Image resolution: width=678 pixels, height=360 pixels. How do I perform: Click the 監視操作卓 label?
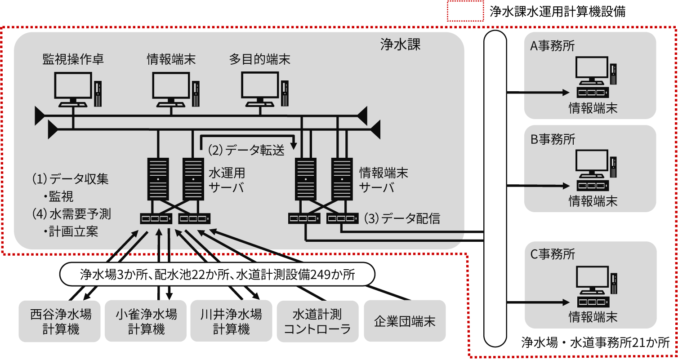click(73, 59)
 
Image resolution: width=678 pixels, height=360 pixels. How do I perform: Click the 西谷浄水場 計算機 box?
click(61, 321)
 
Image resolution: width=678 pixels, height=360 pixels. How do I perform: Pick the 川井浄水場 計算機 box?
click(231, 321)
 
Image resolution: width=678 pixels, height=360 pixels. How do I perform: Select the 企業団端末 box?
click(405, 321)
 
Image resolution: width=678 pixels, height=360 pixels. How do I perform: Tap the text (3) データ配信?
click(401, 218)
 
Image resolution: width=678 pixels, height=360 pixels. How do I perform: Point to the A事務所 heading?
click(552, 46)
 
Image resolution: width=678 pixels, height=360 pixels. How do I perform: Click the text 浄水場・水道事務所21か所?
click(595, 342)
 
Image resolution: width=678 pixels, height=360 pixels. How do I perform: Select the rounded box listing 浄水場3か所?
click(218, 274)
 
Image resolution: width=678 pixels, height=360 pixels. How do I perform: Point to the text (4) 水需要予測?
click(71, 213)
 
